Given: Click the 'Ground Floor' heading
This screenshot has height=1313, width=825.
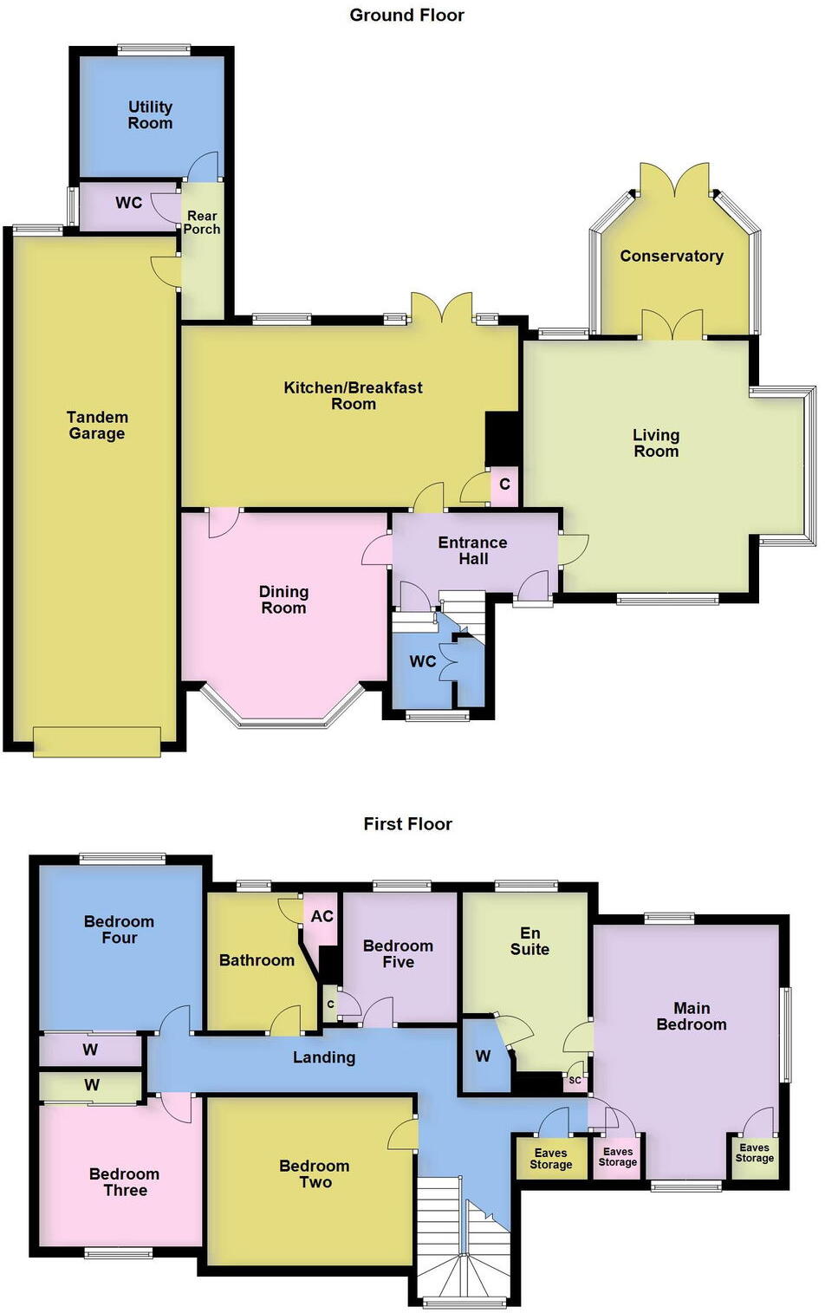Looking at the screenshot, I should (406, 15).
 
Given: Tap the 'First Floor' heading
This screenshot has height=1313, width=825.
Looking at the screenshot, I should (407, 823).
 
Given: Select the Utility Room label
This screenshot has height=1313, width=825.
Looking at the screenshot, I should (150, 114).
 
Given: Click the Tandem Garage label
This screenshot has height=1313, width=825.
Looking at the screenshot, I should (97, 426).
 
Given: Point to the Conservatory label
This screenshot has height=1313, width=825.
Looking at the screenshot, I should (671, 256).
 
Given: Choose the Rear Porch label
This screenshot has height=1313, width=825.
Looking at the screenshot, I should (202, 223).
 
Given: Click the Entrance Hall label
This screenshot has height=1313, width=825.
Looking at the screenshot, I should (472, 550).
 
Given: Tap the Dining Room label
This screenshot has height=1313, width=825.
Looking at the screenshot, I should (283, 600).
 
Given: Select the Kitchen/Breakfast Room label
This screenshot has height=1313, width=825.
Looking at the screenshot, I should (353, 395).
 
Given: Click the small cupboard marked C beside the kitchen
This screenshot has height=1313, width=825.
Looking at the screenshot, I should (504, 484).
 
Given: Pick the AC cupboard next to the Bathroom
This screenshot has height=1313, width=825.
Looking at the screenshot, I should (322, 916).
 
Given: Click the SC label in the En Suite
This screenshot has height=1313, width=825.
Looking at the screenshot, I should (575, 1080).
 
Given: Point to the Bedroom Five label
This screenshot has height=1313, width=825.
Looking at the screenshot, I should (398, 953).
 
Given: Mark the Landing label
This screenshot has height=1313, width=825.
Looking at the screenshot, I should (323, 1057).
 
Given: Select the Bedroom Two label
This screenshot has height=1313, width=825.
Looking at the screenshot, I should (315, 1173).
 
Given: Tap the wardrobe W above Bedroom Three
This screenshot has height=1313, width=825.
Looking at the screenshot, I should (92, 1084).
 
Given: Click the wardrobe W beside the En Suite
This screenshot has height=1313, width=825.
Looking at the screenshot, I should (483, 1056).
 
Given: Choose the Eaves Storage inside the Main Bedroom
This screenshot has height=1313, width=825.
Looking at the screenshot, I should (754, 1153).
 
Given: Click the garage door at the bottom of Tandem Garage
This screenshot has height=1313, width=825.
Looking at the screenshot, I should (96, 742).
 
